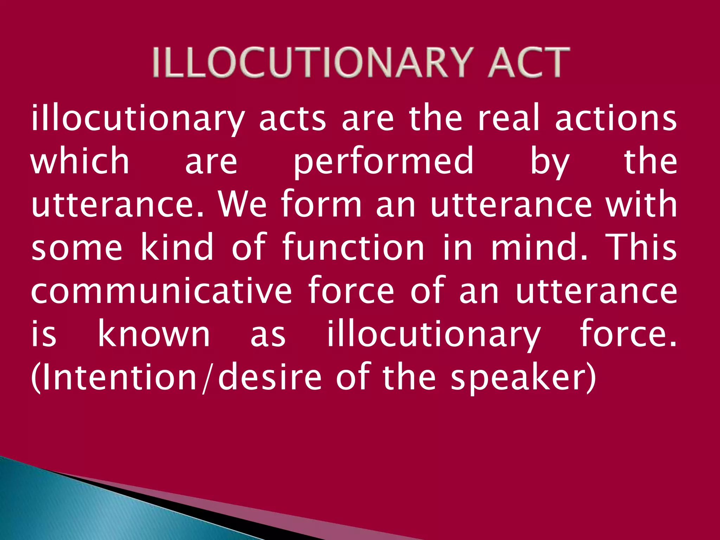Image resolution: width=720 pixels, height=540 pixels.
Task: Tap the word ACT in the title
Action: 528,63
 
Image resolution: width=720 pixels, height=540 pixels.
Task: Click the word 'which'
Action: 80,161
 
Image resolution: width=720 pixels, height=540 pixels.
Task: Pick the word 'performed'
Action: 384,162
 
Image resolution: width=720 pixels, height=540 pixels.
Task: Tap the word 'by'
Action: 549,162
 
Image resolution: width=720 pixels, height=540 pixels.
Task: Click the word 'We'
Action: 243,204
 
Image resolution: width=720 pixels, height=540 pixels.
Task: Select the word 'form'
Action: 322,204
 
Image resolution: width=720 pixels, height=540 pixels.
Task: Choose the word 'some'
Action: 77,247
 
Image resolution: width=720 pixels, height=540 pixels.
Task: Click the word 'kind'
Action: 177,247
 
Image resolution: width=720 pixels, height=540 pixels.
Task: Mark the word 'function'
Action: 354,247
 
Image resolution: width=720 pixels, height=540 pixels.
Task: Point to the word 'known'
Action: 154,334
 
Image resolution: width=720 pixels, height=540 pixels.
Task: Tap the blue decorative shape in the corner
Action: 88,506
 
